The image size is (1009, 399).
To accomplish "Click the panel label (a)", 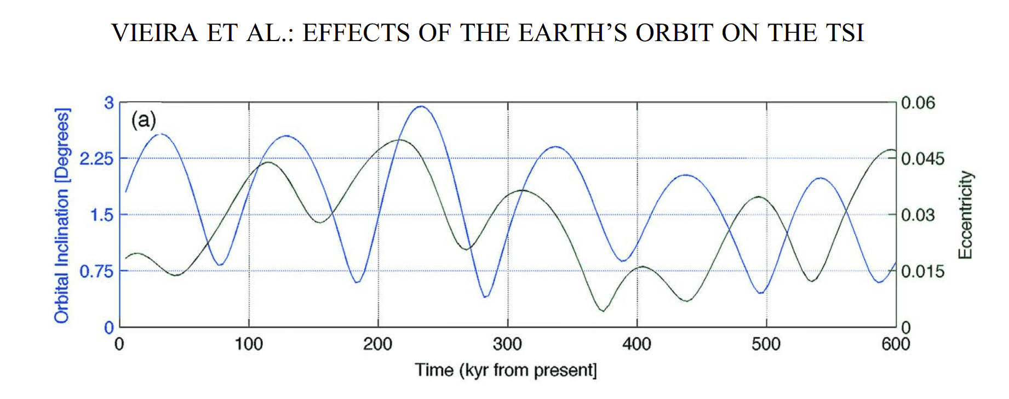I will click(x=144, y=119).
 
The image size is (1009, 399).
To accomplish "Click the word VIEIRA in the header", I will click(x=154, y=33).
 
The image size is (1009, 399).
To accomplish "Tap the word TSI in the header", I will click(x=845, y=33).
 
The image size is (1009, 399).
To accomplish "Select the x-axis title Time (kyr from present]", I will click(x=505, y=370).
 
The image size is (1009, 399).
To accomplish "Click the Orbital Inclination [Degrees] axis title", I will click(x=62, y=215).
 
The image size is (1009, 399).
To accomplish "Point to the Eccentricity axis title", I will click(x=965, y=215).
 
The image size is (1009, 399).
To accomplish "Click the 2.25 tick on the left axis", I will click(x=96, y=159).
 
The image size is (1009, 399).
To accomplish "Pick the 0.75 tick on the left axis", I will click(x=96, y=271).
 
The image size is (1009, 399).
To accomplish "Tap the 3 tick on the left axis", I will click(x=109, y=102).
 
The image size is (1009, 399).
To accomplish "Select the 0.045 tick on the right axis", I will click(x=922, y=159).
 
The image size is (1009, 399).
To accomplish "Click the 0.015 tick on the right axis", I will click(x=922, y=271).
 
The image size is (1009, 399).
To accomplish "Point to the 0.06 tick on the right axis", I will click(x=918, y=102).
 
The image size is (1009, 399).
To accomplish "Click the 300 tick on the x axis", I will click(x=507, y=344).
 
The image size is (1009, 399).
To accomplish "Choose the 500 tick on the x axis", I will click(x=766, y=344).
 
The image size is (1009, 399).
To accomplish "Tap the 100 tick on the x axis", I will click(x=249, y=344).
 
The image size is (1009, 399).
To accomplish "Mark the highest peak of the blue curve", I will click(x=421, y=106).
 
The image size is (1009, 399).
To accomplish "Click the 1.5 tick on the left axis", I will click(x=101, y=215).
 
